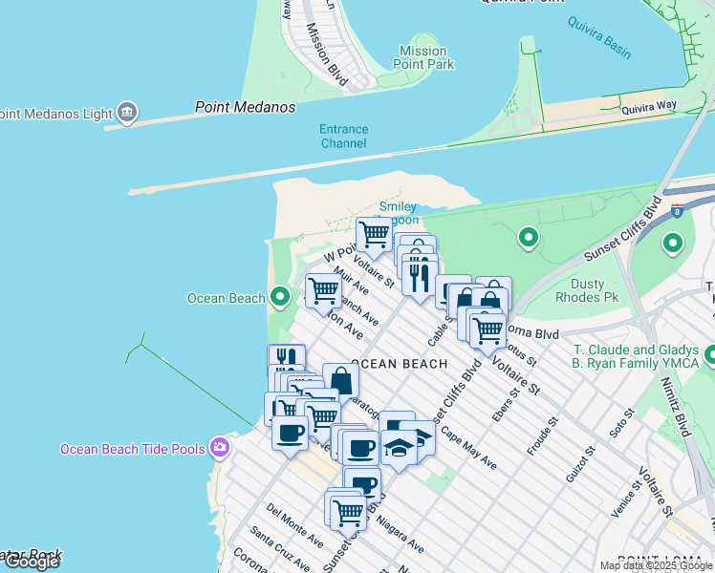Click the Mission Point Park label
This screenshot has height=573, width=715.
(422, 57)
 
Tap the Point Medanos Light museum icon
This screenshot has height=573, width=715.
(126, 113)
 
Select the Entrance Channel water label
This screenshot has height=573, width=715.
(343, 137)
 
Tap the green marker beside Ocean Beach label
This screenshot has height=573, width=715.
(279, 298)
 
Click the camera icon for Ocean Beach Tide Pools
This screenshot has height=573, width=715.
(221, 447)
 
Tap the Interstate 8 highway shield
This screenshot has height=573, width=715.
(678, 211)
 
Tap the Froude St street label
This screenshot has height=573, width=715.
(543, 435)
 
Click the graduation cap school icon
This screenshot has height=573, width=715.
(400, 446)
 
